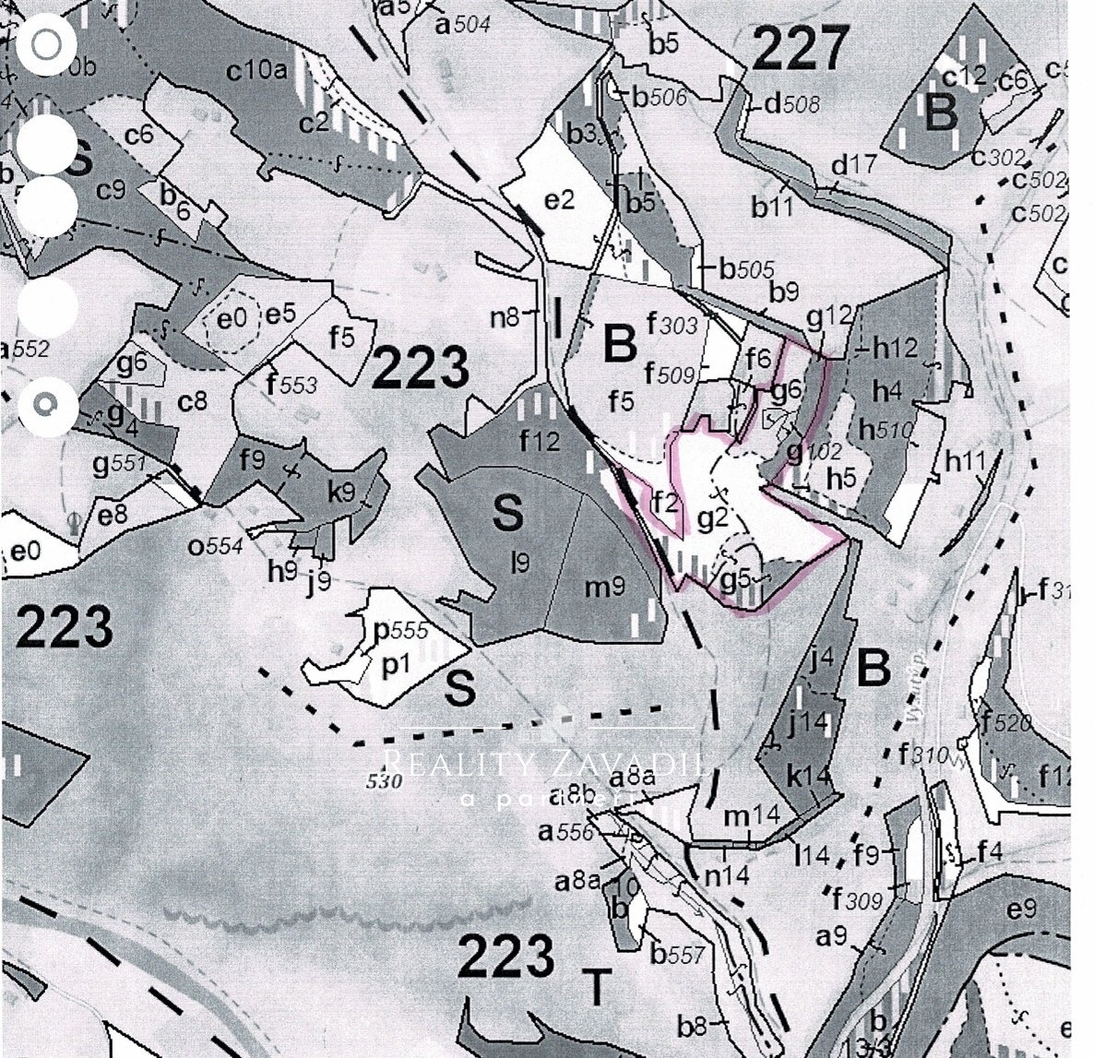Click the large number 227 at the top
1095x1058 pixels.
pos(800,50)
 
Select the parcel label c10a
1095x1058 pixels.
pos(258,70)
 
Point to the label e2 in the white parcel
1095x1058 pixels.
pos(560,199)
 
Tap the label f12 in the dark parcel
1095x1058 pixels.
pos(540,442)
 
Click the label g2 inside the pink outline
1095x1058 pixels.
pos(713,518)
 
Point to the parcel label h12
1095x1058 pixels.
pos(895,350)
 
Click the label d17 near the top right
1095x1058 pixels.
pos(853,166)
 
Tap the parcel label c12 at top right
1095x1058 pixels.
pos(965,77)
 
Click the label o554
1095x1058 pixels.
pos(216,546)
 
